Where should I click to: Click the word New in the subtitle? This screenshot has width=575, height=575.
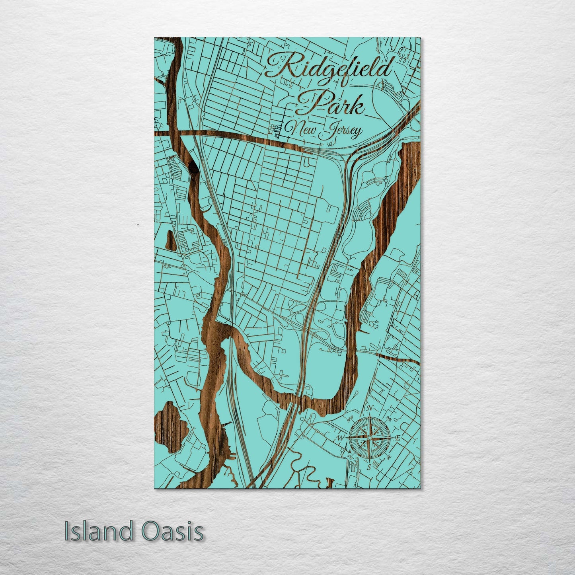pos(302,129)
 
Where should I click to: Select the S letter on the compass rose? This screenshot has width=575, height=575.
pos(369,466)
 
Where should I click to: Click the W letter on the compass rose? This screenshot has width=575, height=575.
pos(341,438)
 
